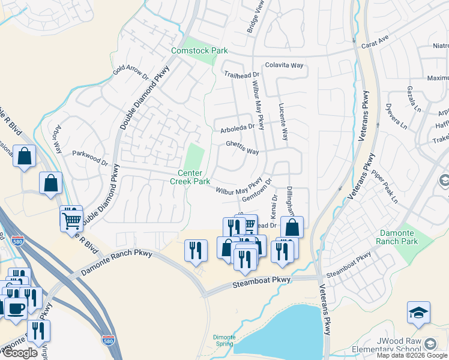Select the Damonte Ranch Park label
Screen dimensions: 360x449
coord(396,237)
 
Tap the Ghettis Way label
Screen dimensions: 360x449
coord(242,148)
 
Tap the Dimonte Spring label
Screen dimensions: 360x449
coord(224,340)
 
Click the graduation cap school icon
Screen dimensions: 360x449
coord(418,313)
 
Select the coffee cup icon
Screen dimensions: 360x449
coord(15,308)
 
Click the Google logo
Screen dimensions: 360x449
coord(20,353)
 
